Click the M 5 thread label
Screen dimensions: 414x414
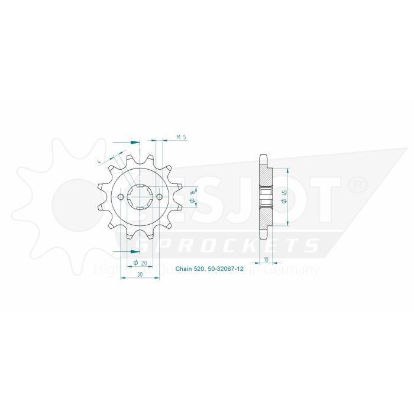(x=182, y=137)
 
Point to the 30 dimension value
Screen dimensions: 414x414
(x=140, y=275)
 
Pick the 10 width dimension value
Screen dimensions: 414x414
(x=267, y=260)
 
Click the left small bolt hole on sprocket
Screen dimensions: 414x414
(x=121, y=197)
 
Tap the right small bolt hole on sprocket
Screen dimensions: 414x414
(x=160, y=197)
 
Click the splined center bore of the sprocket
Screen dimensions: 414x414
(x=141, y=197)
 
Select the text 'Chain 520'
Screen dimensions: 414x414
(x=189, y=269)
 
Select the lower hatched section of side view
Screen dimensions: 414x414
(x=266, y=216)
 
